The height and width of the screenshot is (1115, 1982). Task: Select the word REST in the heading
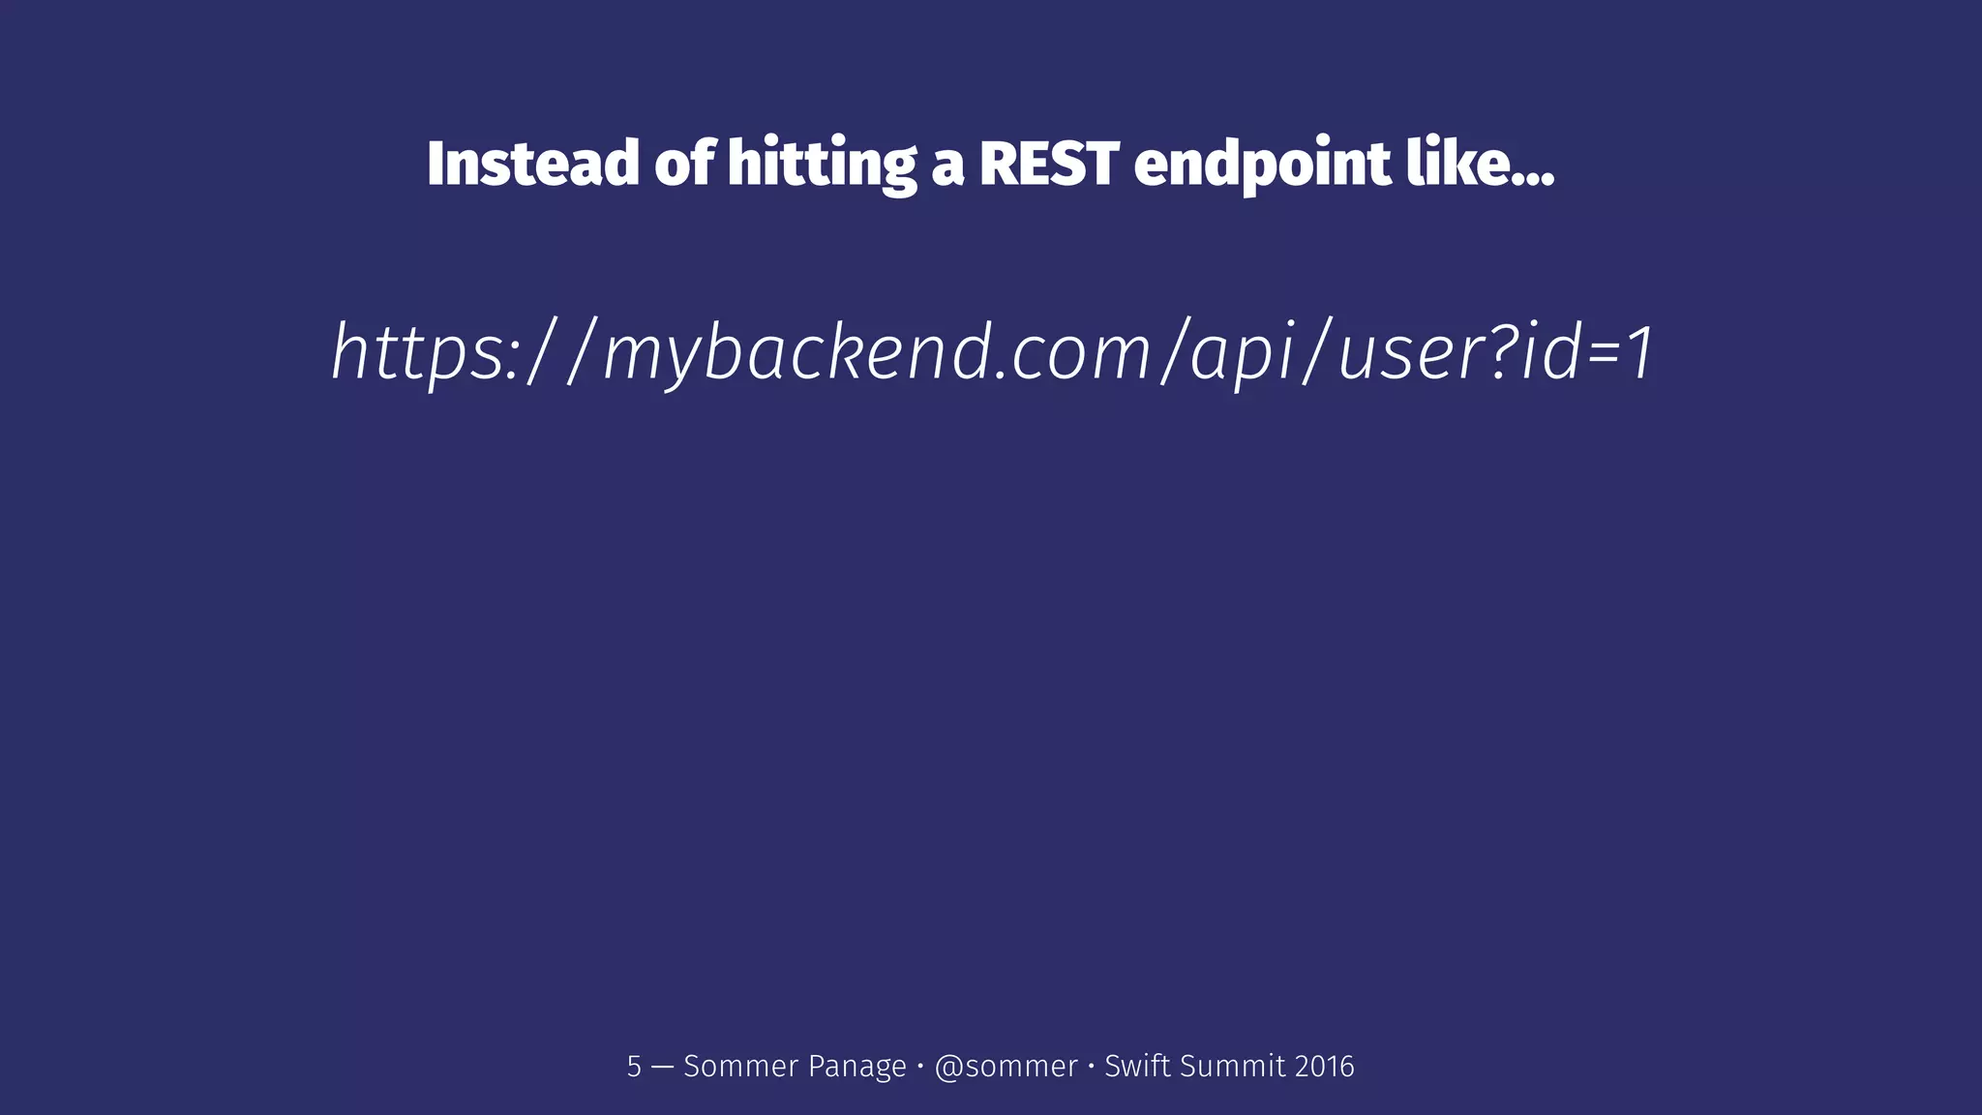tap(1049, 164)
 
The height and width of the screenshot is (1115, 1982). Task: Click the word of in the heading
tap(684, 164)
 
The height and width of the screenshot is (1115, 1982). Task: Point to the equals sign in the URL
tap(1603, 353)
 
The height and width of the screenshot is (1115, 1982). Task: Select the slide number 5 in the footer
tap(634, 1067)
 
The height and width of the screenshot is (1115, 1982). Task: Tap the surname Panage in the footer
tap(856, 1067)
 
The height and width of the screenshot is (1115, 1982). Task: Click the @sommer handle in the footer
tap(1006, 1067)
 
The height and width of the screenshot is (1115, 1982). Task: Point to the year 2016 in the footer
tap(1324, 1067)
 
